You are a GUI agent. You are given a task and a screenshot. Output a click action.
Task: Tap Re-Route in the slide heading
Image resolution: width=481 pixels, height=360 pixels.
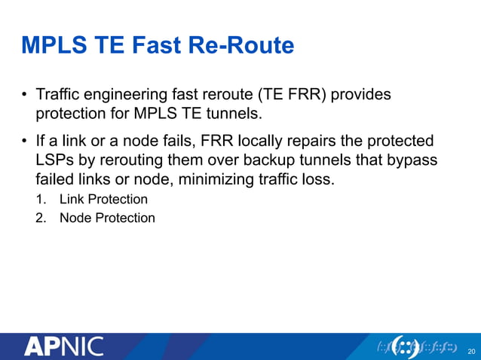click(x=244, y=46)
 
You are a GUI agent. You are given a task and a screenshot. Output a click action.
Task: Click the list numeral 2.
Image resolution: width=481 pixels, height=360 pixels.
click(x=40, y=218)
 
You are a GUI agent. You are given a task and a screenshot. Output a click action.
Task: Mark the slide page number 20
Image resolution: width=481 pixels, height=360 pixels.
click(x=471, y=351)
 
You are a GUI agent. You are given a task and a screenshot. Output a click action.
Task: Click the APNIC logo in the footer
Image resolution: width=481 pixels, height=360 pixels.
click(x=64, y=347)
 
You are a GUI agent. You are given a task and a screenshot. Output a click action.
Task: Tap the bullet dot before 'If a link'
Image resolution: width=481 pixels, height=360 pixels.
click(x=24, y=142)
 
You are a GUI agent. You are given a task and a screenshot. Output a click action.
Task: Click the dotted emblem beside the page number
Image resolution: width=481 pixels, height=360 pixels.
click(x=416, y=346)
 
